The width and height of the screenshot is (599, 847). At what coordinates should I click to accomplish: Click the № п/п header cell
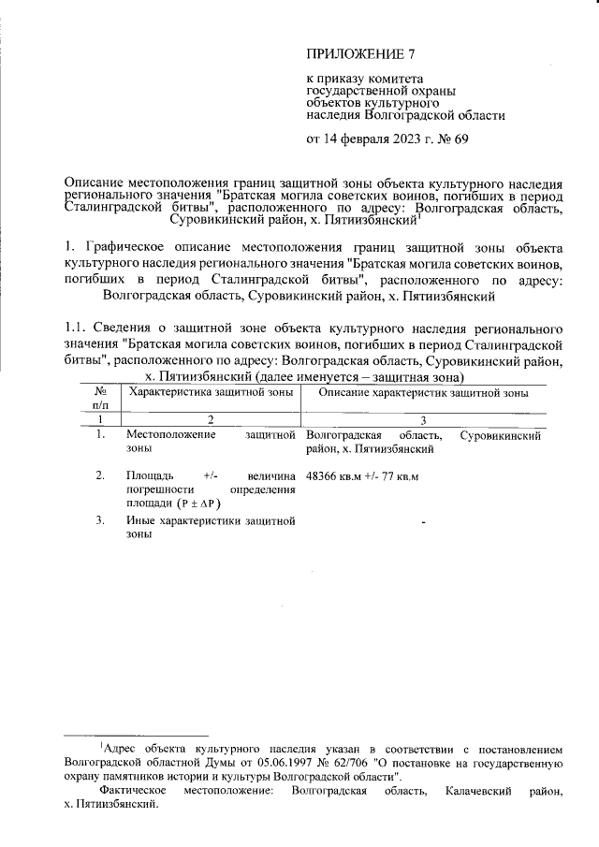(100, 399)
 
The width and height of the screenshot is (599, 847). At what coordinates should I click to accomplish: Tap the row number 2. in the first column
(100, 475)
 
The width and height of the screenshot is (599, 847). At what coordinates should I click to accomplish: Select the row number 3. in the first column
(100, 519)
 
